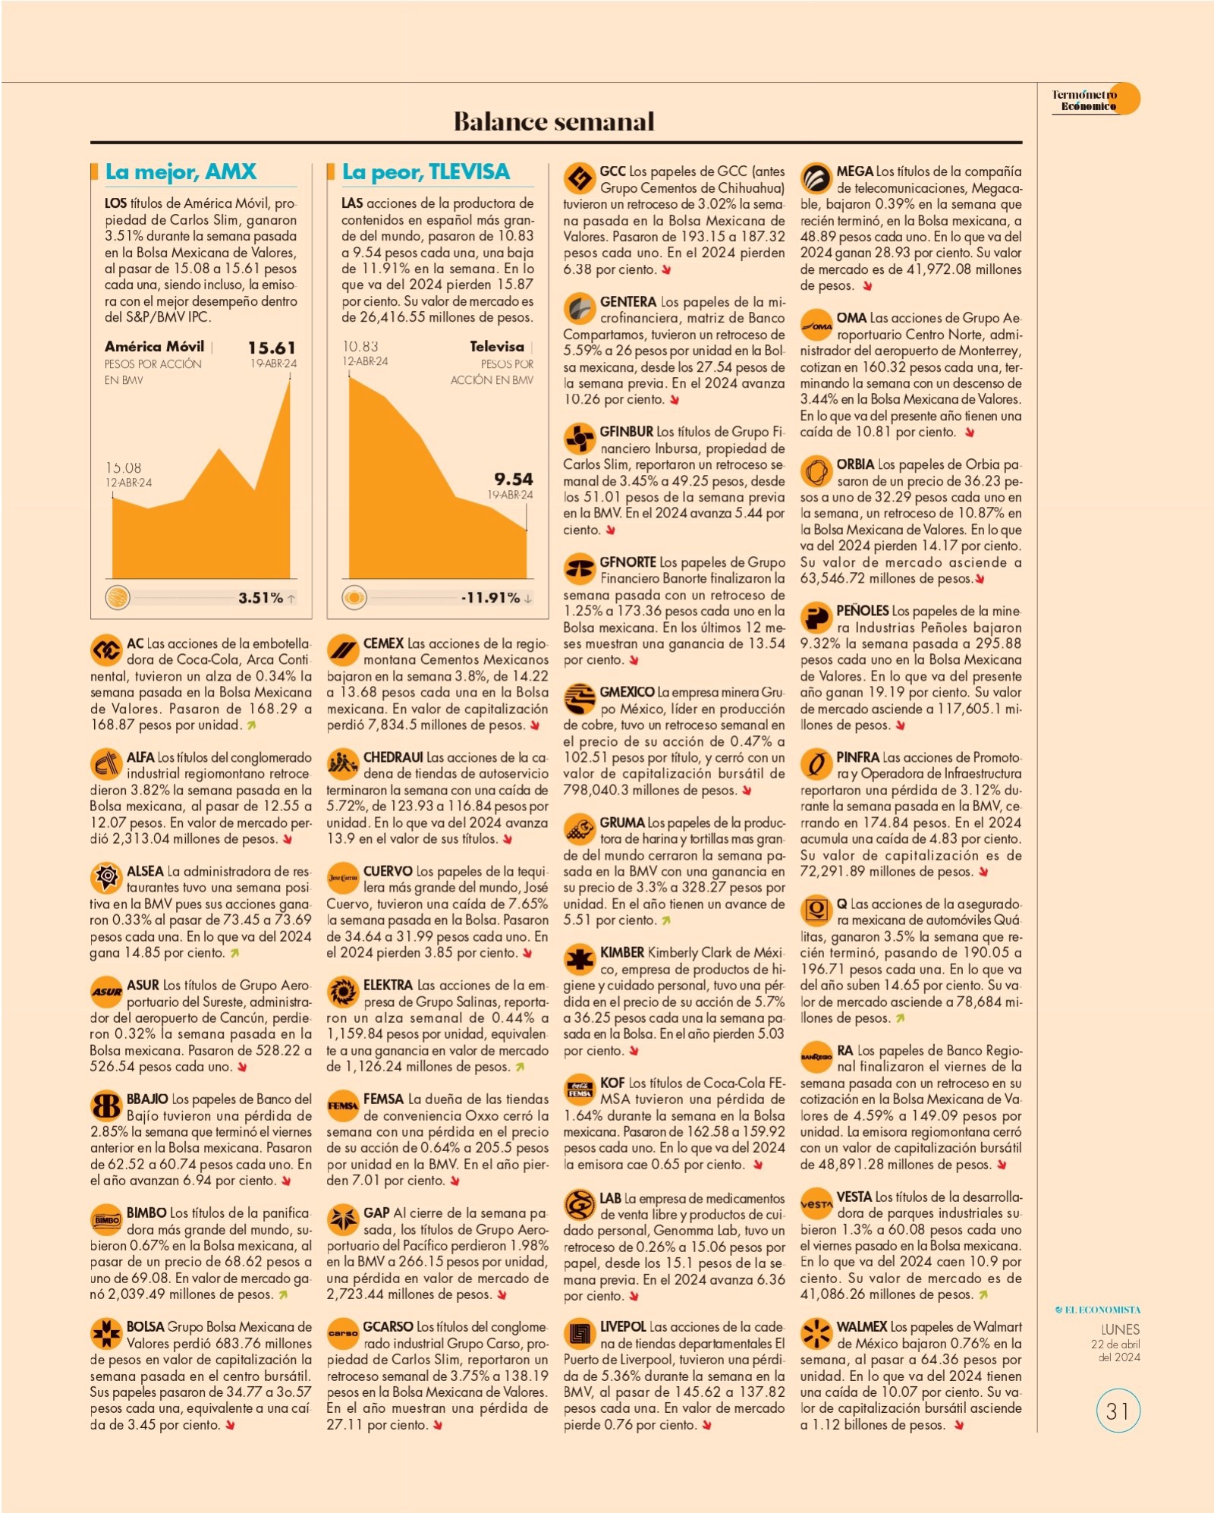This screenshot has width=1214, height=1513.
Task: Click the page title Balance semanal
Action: [x=554, y=121]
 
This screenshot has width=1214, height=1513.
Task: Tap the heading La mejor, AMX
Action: [x=181, y=172]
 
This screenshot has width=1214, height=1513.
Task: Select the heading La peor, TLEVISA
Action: [x=426, y=172]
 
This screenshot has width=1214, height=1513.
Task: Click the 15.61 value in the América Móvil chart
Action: [x=272, y=348]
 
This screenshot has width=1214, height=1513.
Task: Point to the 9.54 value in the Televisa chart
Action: [x=514, y=479]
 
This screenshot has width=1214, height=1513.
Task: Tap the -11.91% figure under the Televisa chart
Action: [x=491, y=598]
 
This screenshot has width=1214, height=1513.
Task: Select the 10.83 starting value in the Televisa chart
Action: [x=360, y=346]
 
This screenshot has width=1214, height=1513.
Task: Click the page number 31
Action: [x=1118, y=1411]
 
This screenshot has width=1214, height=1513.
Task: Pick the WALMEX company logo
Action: [x=816, y=1335]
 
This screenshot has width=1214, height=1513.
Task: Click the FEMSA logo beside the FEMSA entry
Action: [x=343, y=1106]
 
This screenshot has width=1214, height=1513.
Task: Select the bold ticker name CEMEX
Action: [x=383, y=643]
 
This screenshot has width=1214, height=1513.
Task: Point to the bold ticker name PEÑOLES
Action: [x=863, y=611]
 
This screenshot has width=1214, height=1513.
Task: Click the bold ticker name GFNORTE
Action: [x=628, y=562]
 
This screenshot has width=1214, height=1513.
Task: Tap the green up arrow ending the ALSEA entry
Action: [x=235, y=953]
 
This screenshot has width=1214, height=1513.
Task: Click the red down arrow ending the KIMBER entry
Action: [x=634, y=1051]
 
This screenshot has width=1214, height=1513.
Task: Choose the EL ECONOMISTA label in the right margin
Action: [x=1098, y=1310]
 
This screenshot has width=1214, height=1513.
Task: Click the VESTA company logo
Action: [x=816, y=1204]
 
